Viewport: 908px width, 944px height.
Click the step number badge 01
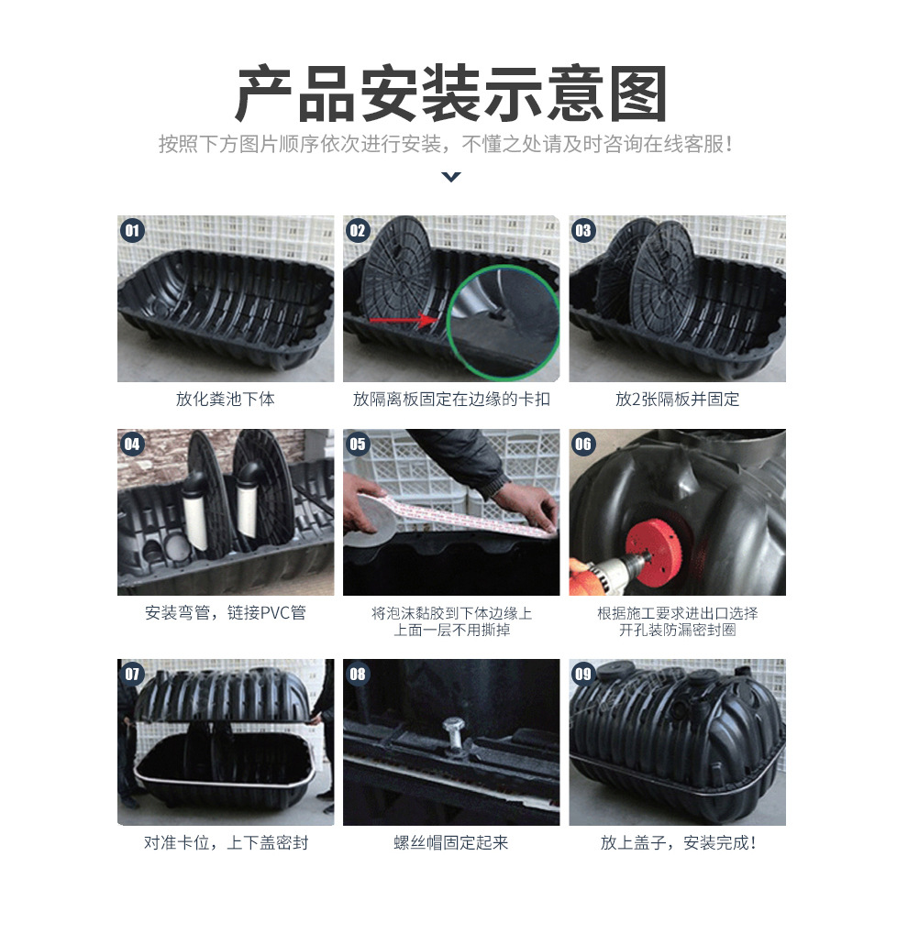tap(133, 230)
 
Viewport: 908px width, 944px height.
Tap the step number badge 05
tap(358, 445)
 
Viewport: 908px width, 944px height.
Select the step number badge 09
tap(583, 675)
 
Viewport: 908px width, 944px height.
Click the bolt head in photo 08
tap(451, 730)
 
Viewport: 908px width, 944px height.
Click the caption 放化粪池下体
tap(226, 399)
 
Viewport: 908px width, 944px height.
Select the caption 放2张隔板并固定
tap(677, 399)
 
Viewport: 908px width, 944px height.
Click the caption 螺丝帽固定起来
tap(451, 842)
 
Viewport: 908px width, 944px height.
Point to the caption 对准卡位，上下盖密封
tap(226, 842)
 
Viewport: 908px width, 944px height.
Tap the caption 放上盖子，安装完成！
tap(678, 842)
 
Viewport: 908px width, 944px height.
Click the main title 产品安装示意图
tap(451, 95)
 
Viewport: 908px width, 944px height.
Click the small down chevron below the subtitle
tap(451, 176)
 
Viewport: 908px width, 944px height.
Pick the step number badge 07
tap(133, 675)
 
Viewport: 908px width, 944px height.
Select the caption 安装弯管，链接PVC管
tap(226, 612)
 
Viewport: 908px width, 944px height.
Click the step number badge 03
tap(583, 230)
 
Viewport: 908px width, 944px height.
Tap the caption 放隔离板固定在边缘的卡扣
tap(451, 399)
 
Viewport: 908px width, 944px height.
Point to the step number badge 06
tap(583, 445)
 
